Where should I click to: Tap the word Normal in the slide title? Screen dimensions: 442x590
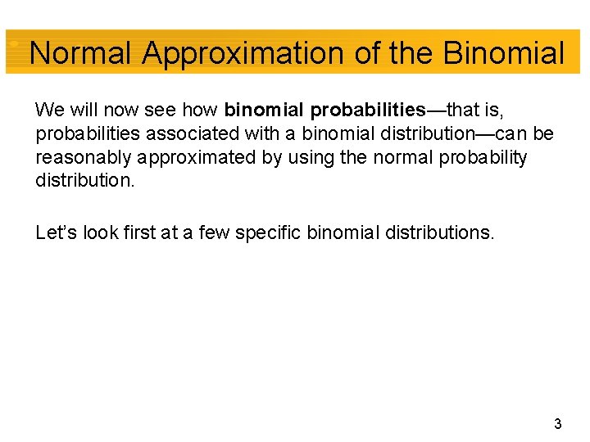pyautogui.click(x=80, y=54)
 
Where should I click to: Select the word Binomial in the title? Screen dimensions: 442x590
pyautogui.click(x=504, y=54)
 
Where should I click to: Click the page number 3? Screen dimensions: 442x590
pyautogui.click(x=557, y=424)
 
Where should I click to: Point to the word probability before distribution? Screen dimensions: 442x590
pyautogui.click(x=483, y=157)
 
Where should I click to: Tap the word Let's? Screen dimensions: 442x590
pyautogui.click(x=55, y=232)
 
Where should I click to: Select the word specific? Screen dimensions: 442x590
pyautogui.click(x=269, y=232)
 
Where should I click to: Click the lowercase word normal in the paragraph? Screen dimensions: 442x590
pyautogui.click(x=395, y=157)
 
